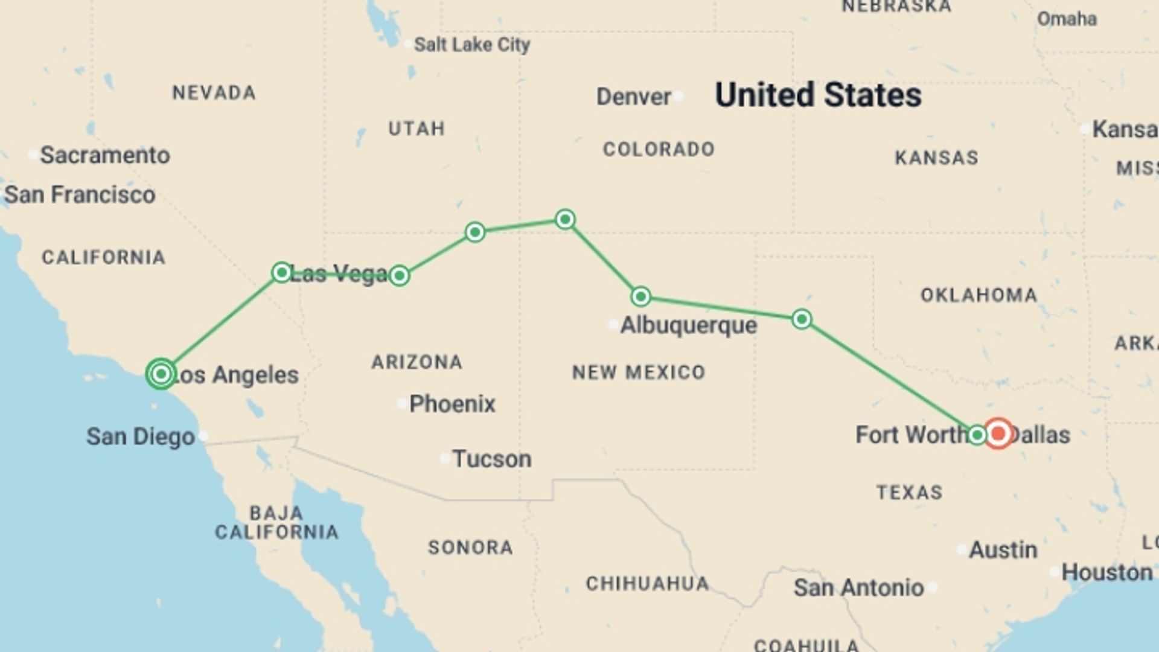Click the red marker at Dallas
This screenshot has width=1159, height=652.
click(x=998, y=433)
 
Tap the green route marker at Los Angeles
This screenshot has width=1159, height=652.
click(x=161, y=374)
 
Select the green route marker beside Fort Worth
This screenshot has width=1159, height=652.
click(x=977, y=435)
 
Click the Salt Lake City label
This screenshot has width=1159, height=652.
click(x=471, y=45)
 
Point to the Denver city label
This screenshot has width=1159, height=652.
click(x=633, y=97)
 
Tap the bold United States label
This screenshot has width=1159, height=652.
click(x=818, y=95)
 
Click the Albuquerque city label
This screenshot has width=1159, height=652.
click(x=688, y=325)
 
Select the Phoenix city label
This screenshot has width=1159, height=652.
click(x=452, y=404)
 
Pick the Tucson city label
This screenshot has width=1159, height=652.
click(x=492, y=459)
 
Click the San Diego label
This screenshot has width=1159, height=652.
click(x=140, y=436)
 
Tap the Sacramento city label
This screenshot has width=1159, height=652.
click(x=105, y=155)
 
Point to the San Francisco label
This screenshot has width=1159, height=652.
click(x=80, y=195)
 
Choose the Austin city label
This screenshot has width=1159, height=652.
click(x=1003, y=550)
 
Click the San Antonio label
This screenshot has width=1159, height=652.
click(x=858, y=587)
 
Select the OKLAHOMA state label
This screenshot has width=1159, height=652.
click(x=979, y=295)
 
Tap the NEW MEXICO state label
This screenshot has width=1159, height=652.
click(x=639, y=372)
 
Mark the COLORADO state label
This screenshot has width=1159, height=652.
click(x=659, y=149)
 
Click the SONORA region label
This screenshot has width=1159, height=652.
click(x=470, y=548)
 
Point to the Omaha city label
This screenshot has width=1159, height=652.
click(x=1067, y=19)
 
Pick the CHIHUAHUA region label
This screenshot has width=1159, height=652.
click(x=647, y=584)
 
